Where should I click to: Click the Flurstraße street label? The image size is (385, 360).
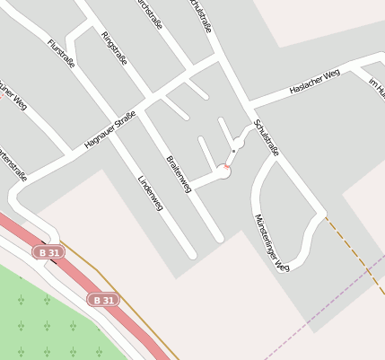pos(60,53)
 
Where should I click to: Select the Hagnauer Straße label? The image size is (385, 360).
pos(109,130)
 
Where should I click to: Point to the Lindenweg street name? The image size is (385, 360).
pos(149,192)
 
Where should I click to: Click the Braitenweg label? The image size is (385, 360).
pos(179,172)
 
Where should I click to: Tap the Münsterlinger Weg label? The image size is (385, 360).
pos(271,242)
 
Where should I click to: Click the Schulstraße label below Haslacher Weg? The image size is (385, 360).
pos(267,137)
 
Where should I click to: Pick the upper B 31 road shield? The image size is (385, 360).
pos(49,253)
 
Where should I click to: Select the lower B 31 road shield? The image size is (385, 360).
pos(104,300)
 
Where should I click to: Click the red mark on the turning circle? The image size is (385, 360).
pos(226,166)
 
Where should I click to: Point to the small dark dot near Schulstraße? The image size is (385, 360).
pos(233,151)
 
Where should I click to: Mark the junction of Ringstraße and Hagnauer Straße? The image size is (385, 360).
pos(150,95)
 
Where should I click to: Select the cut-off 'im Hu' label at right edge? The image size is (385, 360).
pos(376,87)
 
